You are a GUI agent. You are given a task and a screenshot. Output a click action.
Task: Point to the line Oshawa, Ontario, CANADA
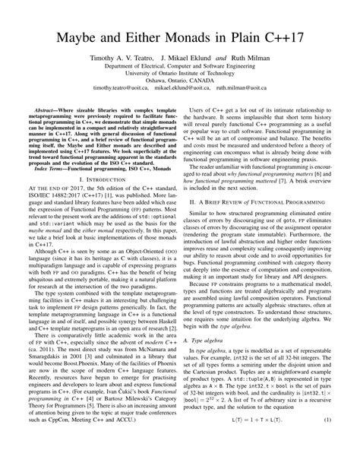[x=179, y=81]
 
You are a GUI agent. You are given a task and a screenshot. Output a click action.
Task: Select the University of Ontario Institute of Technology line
[x=179, y=74]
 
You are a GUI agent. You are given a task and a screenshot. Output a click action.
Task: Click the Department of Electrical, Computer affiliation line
[x=179, y=67]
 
